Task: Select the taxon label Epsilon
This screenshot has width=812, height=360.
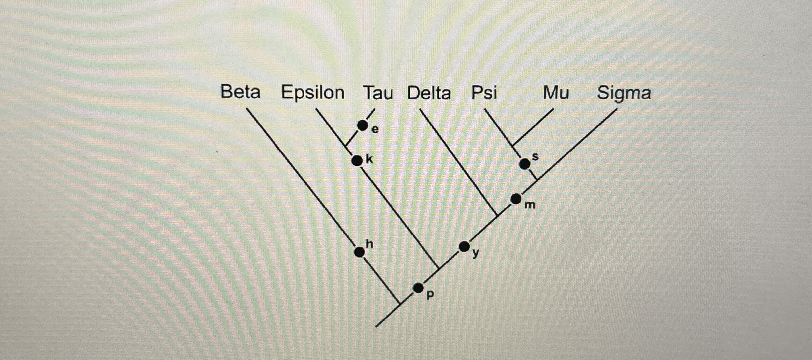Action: (x=312, y=93)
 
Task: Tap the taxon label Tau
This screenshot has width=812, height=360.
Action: (x=378, y=93)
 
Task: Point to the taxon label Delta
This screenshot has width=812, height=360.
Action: (x=429, y=93)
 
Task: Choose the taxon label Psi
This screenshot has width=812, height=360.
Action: (x=484, y=93)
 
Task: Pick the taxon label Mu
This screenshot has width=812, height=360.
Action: (x=556, y=93)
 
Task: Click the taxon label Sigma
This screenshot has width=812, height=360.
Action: (x=624, y=93)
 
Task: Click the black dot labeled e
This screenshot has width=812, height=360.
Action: (x=362, y=125)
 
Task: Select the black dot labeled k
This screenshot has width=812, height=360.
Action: (x=357, y=161)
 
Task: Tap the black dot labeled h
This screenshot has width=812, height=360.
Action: (x=359, y=252)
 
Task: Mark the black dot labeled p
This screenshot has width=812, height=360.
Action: (x=418, y=288)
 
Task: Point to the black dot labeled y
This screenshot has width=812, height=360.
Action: (x=464, y=246)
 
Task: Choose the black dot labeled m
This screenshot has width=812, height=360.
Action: (x=516, y=199)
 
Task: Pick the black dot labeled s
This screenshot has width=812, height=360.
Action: (x=525, y=164)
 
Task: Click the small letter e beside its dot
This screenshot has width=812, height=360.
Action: (x=375, y=130)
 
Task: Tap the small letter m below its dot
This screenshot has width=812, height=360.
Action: (x=530, y=205)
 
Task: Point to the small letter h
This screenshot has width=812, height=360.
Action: (x=370, y=244)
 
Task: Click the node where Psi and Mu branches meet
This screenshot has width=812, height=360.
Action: (x=513, y=146)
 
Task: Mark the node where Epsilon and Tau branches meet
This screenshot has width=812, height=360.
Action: (x=346, y=145)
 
